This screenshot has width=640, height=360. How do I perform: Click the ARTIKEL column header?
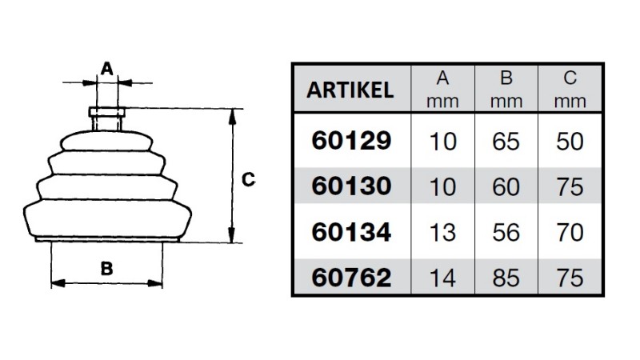pos(350,90)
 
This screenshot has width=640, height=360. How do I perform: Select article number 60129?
pos(351,141)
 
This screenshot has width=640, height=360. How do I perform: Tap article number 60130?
pos(351,186)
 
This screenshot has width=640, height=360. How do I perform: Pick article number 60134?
pos(351,232)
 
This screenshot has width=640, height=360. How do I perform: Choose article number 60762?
pos(351,278)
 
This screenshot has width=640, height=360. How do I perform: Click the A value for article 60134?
pos(442,232)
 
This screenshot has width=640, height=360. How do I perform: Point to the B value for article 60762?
pos(506,278)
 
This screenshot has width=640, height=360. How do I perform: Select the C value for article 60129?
pos(570,142)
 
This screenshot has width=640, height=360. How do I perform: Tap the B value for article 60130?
pos(506,187)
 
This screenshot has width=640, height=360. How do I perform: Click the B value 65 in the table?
pos(506,142)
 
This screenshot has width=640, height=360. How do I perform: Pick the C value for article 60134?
pos(570,232)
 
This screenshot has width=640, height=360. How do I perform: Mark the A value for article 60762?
pos(442,278)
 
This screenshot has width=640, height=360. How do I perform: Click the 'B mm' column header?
pos(506,89)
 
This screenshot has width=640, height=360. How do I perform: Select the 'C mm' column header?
pos(570,89)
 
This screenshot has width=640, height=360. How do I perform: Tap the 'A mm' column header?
pos(442,89)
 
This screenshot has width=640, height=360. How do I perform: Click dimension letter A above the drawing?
pos(107,69)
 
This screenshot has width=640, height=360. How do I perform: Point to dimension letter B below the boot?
pos(106,269)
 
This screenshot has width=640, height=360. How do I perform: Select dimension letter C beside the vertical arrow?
pos(248,179)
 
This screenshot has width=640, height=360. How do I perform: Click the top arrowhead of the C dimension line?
pos(232,116)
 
